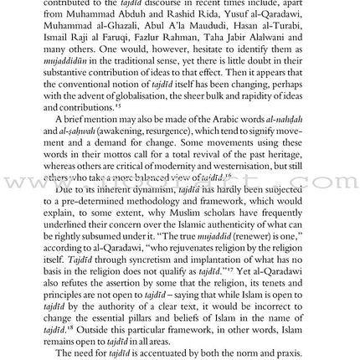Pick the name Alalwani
(x=286, y=38)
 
